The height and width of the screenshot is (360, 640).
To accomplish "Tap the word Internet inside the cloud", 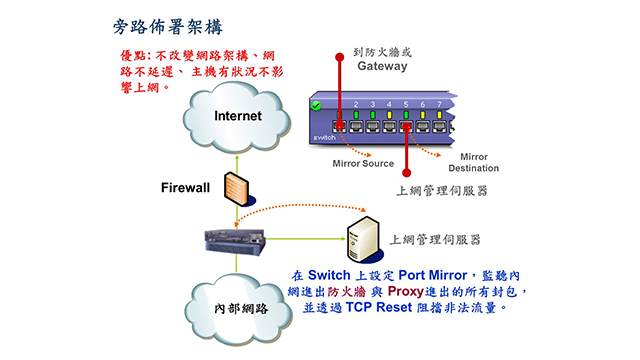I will tap(237, 116).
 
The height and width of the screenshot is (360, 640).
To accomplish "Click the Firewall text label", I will tap(187, 187).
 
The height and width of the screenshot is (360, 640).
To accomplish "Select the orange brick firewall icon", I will tap(236, 189).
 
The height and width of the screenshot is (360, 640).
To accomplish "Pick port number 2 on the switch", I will tap(355, 104).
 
